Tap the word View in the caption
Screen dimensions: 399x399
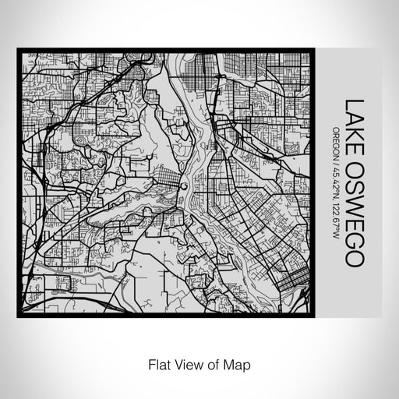(185, 364)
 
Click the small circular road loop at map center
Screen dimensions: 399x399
(182, 186)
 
